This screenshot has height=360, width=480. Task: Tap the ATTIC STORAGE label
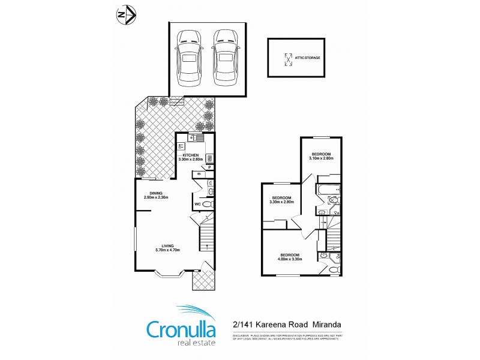point(307,58)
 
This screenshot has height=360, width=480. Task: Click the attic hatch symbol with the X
point(287,58)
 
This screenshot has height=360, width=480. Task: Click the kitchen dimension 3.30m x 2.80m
point(191,160)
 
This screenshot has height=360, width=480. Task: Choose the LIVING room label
point(168,245)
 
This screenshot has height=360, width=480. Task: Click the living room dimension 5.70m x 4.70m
point(168,250)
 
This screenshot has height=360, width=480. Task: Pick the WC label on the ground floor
point(197,205)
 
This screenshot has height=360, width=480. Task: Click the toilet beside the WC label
point(208,205)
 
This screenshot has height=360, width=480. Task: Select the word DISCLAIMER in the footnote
point(242,336)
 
